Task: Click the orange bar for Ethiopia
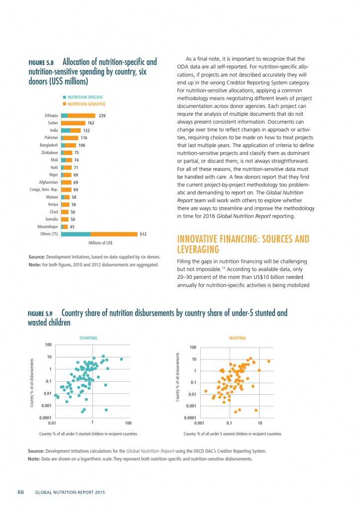(x=82, y=115)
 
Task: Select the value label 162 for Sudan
(x=90, y=123)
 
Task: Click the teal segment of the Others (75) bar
(x=76, y=234)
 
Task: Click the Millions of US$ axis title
(x=100, y=243)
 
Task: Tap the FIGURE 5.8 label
(x=43, y=63)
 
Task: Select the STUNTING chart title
(x=89, y=338)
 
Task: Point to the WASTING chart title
(x=237, y=338)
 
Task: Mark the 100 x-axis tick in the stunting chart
(x=128, y=423)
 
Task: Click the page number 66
(x=21, y=493)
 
